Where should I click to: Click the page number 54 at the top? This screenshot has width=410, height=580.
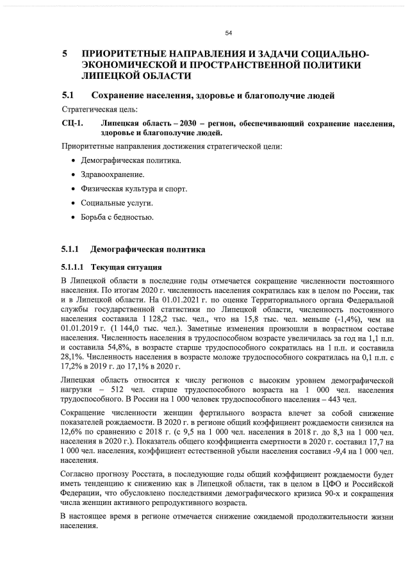[228, 33]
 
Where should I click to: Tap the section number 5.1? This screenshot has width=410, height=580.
[69, 96]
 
